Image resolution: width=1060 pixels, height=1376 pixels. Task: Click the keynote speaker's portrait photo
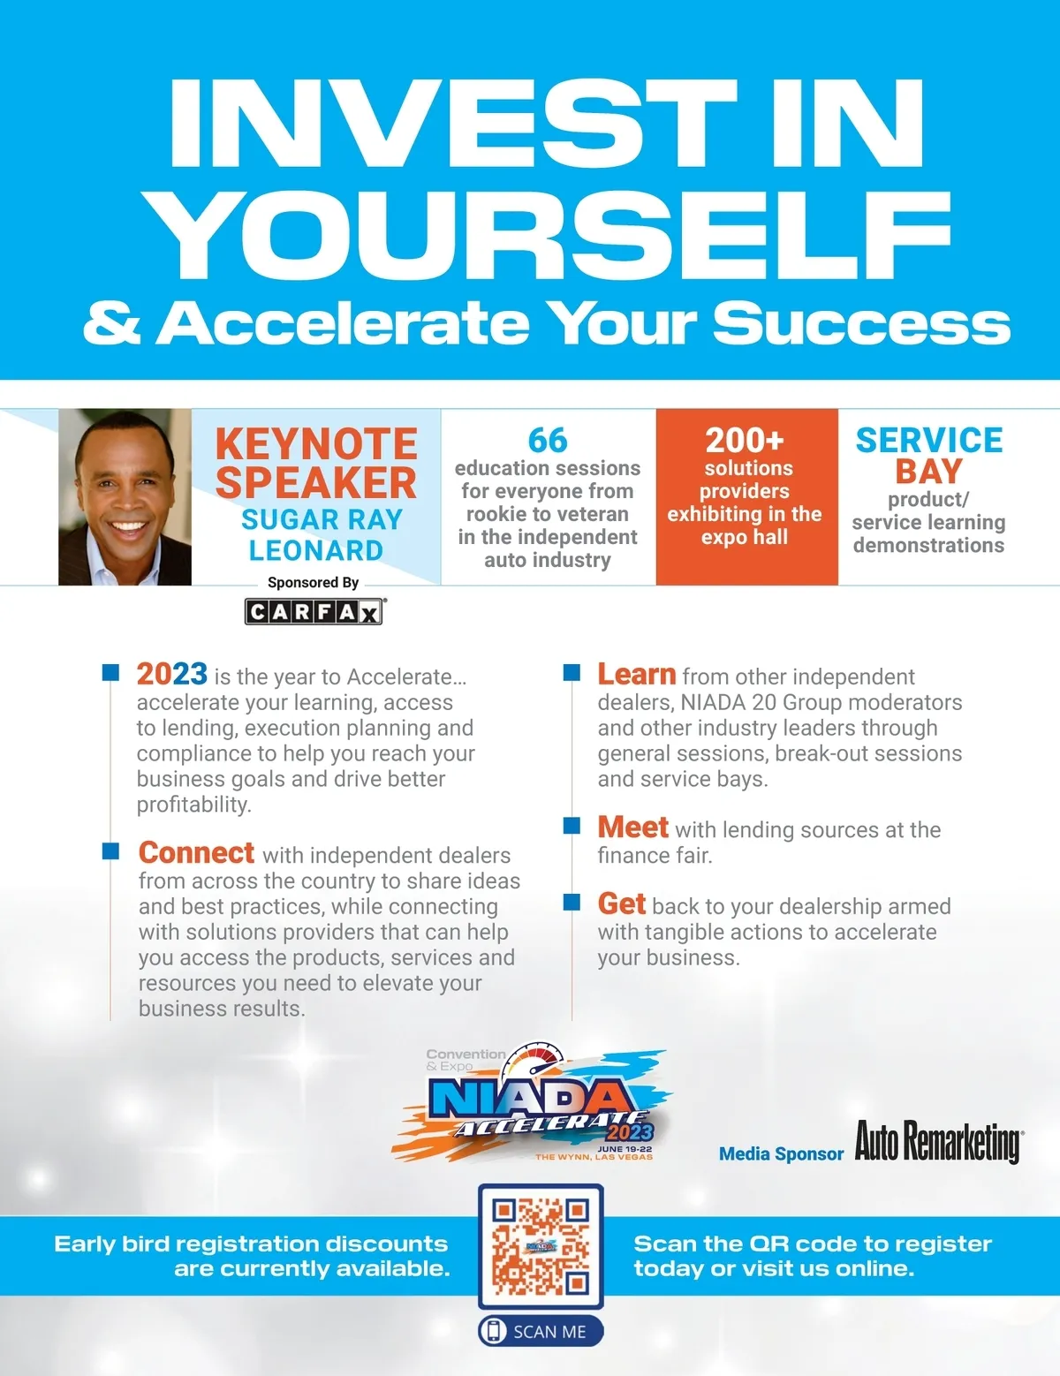(x=125, y=497)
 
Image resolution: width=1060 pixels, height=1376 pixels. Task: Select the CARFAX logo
(x=314, y=612)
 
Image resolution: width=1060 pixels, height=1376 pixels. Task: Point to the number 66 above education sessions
(x=548, y=440)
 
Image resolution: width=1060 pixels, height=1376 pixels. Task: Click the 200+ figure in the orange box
(x=745, y=440)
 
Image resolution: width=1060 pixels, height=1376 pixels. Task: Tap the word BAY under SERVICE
(x=928, y=471)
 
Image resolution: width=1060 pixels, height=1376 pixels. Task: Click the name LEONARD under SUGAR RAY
(x=316, y=550)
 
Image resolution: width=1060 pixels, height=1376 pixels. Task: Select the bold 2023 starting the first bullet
(x=171, y=674)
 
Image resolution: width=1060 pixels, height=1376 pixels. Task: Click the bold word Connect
(x=196, y=852)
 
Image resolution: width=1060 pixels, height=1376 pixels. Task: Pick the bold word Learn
(x=636, y=675)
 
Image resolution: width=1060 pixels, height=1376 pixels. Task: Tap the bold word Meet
(x=632, y=827)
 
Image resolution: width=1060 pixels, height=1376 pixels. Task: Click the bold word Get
(x=621, y=903)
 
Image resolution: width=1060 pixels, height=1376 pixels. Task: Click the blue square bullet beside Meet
(x=572, y=826)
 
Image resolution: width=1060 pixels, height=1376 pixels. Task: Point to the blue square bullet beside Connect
(x=110, y=851)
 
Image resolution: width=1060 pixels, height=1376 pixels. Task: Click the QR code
(x=541, y=1246)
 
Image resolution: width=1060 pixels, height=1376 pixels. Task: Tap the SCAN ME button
(x=541, y=1332)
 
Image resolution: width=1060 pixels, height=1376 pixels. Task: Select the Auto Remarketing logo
(x=939, y=1142)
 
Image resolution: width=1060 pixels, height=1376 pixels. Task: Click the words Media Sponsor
(x=781, y=1153)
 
